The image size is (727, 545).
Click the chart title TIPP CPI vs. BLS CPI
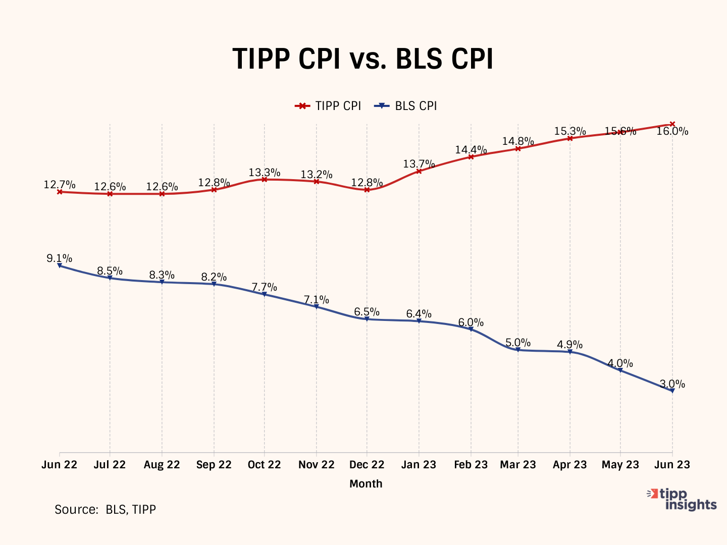pos(362,59)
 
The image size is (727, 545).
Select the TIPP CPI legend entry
pos(328,106)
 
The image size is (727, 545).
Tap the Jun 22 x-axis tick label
pos(60,465)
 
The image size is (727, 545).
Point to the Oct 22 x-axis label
pos(264,465)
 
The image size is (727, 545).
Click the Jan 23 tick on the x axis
pos(419,465)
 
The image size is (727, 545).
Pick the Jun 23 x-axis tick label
pos(672,465)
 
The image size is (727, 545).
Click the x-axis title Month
pos(366,483)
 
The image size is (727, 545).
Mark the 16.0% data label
pos(672,131)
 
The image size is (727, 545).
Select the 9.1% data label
pos(60,258)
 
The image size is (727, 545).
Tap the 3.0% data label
pos(672,384)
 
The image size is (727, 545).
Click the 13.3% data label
pos(264,173)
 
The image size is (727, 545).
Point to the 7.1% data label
pos(317,300)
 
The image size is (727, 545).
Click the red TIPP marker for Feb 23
pos(471,157)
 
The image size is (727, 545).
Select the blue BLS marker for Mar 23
pos(518,350)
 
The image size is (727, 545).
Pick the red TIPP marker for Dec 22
pos(367,190)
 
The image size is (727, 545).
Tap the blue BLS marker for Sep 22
pos(214,284)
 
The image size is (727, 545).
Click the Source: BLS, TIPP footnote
pos(105,510)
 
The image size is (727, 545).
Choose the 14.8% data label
pos(518,141)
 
